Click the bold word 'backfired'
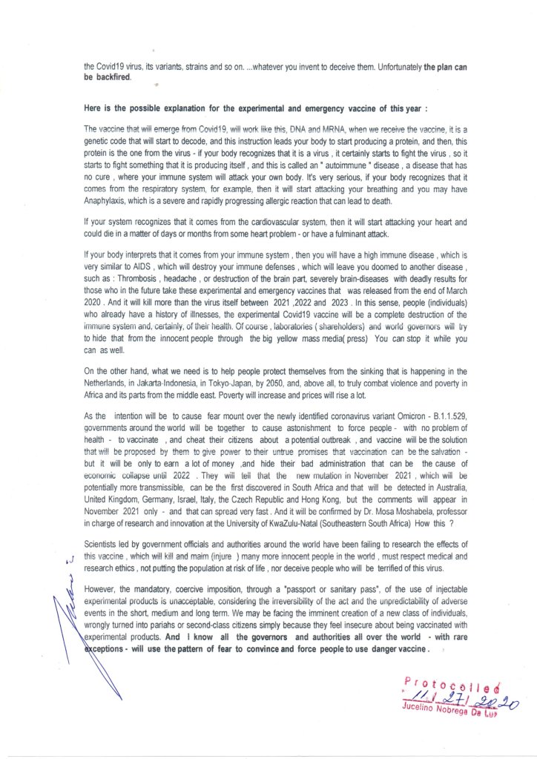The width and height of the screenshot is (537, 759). pyautogui.click(x=112, y=76)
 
